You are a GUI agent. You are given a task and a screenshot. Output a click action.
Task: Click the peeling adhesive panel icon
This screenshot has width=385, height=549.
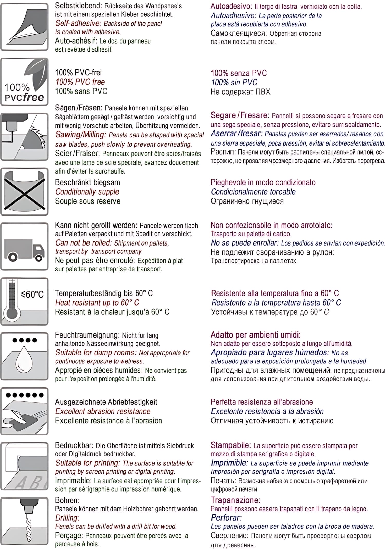(x=24, y=27)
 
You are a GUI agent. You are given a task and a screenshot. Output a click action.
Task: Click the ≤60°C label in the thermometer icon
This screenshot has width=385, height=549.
(x=32, y=294)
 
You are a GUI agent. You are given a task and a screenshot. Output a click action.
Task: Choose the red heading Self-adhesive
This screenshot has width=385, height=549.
(x=79, y=23)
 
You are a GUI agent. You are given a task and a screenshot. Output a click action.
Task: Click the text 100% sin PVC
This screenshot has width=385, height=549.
(x=234, y=83)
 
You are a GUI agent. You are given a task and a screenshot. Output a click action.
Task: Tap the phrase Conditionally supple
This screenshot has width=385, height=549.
(x=87, y=192)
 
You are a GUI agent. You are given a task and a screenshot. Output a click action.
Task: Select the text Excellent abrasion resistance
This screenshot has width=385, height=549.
(x=103, y=411)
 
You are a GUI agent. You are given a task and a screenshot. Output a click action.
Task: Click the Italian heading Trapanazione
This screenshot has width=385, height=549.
(x=236, y=500)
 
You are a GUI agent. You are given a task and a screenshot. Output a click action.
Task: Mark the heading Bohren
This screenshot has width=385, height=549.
(x=67, y=500)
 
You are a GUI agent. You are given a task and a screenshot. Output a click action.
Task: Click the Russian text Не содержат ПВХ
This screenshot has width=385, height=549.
(x=240, y=92)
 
